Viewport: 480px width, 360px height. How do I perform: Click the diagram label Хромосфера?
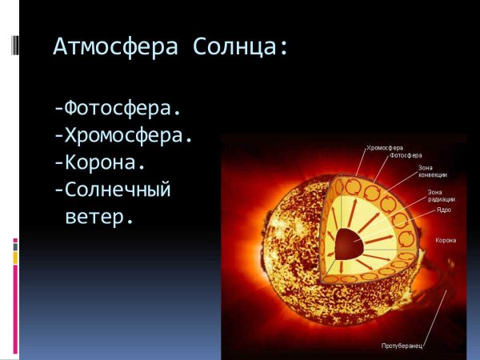click(384, 148)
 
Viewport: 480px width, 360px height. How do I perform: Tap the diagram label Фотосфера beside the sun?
click(406, 155)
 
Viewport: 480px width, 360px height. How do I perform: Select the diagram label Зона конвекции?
click(432, 170)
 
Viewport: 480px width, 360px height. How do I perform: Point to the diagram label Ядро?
click(443, 210)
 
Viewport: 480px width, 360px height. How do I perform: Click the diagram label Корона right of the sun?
click(446, 240)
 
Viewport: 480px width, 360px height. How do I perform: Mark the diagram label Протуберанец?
click(401, 346)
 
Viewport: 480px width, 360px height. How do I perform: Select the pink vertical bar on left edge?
click(16, 300)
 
